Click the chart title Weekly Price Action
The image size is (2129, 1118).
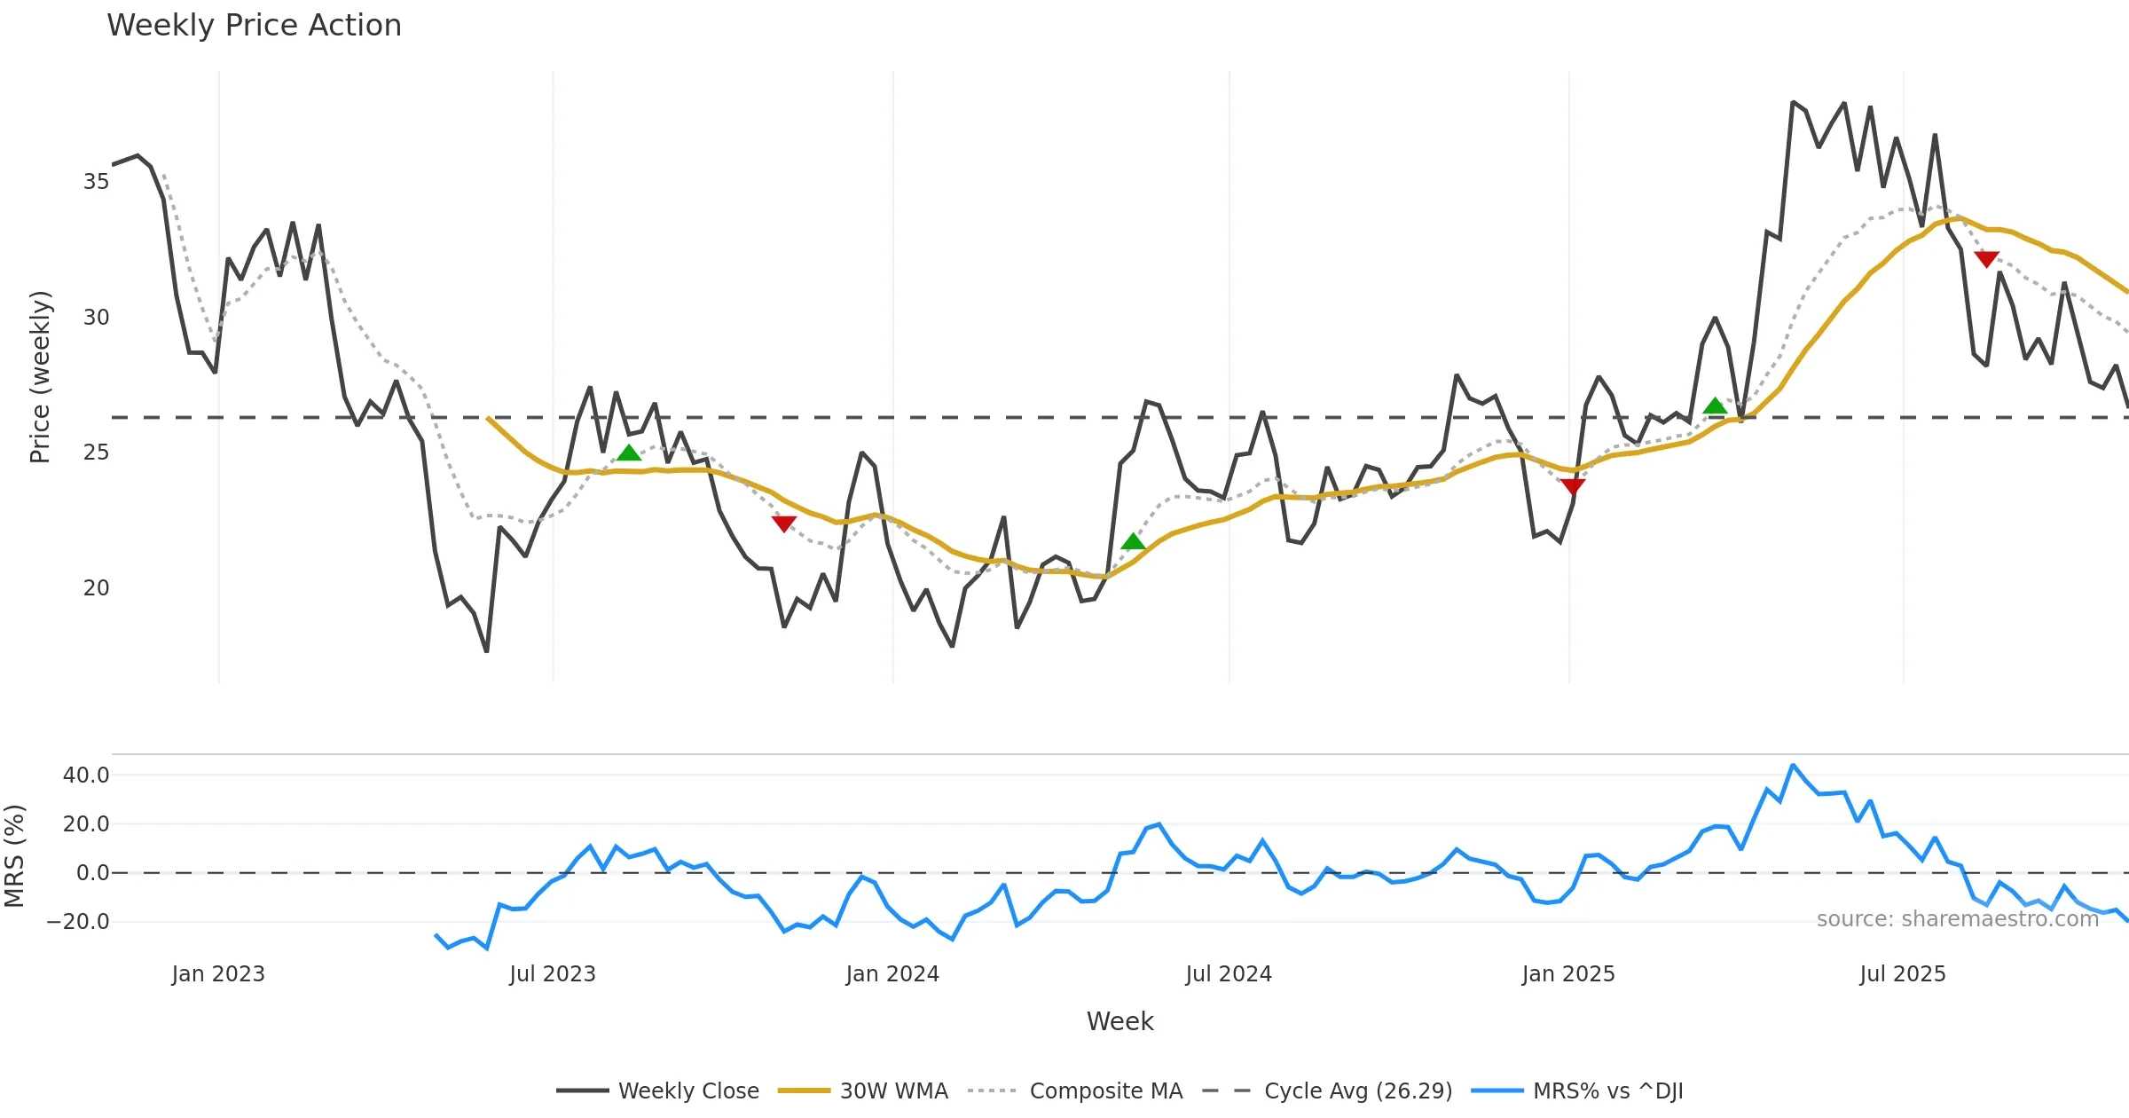pos(254,26)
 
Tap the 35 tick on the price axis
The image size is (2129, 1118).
pos(96,182)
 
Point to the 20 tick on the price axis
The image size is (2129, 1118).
pos(96,588)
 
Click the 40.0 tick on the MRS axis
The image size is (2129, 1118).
pos(86,776)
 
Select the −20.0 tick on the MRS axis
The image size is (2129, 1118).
pos(78,922)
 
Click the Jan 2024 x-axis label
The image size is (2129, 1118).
pos(892,974)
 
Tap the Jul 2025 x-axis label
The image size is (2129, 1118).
pos(1903,974)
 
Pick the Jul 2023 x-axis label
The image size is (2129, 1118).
pos(553,974)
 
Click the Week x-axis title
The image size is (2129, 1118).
pos(1119,1022)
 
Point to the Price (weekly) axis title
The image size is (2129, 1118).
pos(40,377)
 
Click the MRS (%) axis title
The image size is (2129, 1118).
pos(14,856)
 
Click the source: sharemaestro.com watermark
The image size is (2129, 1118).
pos(1957,919)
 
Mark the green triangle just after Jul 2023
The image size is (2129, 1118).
pos(629,453)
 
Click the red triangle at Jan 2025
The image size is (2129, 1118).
pos(1573,486)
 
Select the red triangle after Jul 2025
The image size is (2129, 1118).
pos(1986,259)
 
